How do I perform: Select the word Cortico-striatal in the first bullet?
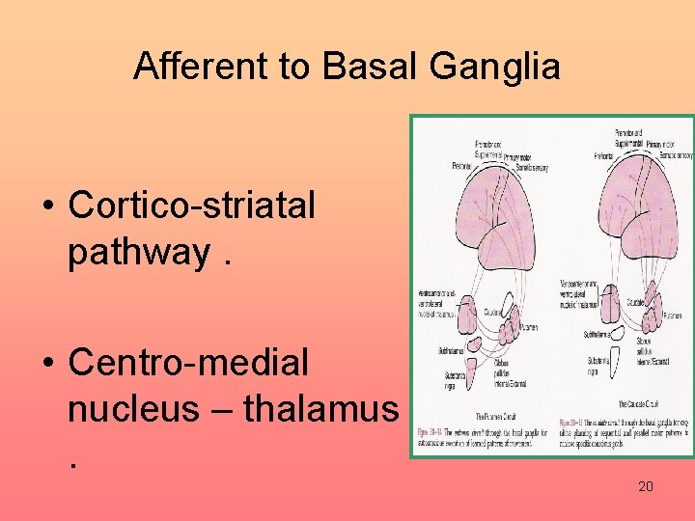click(x=192, y=205)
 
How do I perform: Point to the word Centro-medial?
click(x=189, y=363)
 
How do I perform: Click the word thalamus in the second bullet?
click(x=320, y=409)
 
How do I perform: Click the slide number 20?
click(x=646, y=487)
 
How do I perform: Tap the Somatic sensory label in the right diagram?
click(x=673, y=155)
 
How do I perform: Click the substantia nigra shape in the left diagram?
click(x=475, y=369)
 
